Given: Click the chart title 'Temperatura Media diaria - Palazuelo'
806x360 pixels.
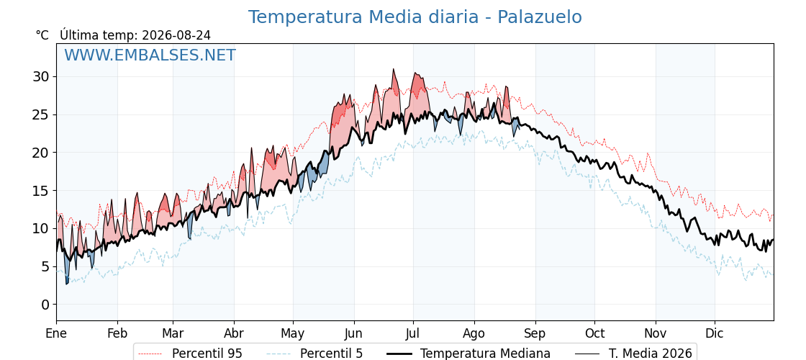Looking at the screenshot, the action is coord(415,17).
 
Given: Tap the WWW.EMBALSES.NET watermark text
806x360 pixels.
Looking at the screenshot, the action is coord(150,55).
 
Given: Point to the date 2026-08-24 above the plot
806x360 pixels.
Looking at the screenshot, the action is coord(176,35).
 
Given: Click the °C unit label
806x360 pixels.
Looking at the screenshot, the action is coord(42,35).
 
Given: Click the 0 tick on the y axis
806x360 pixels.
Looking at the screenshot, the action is coord(46,305).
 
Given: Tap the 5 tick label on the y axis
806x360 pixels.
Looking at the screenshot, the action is coord(46,266).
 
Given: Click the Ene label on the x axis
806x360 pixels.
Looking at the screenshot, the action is coord(56,334).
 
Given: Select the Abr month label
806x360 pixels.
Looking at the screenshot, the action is coord(234,334).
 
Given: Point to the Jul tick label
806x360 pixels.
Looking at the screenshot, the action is coord(413,334).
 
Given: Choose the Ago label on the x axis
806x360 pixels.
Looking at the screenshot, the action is coord(474,334).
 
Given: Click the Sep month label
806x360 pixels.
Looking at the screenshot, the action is coord(535,334).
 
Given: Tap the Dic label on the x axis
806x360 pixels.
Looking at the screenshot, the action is coord(715,334).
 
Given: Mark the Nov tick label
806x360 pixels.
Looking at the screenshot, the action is coord(656,334).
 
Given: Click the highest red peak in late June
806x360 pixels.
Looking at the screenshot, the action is coord(393,69).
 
